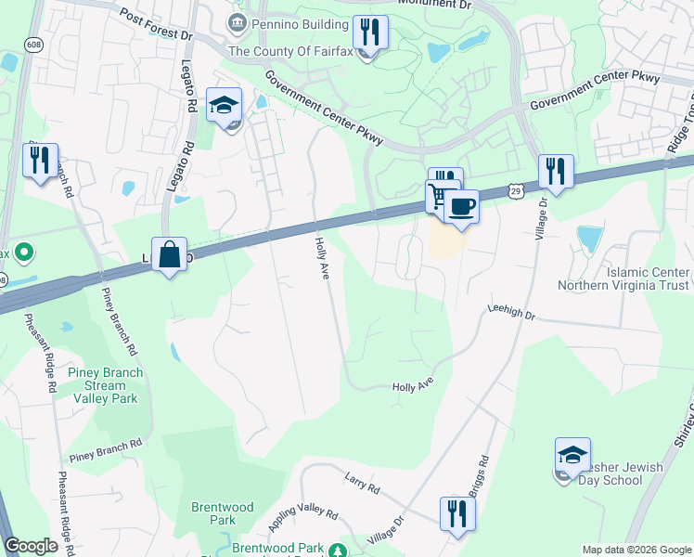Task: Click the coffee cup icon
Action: click(461, 205)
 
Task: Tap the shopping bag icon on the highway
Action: click(169, 253)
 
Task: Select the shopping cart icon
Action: click(439, 197)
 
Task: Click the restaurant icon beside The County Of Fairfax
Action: click(370, 32)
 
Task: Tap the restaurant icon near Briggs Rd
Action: click(456, 512)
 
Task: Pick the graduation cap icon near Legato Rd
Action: click(224, 105)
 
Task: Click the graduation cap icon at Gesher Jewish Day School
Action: click(572, 455)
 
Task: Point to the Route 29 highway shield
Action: click(515, 188)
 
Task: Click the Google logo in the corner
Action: click(32, 546)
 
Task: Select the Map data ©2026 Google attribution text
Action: click(636, 550)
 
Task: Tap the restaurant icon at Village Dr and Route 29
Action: click(556, 172)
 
